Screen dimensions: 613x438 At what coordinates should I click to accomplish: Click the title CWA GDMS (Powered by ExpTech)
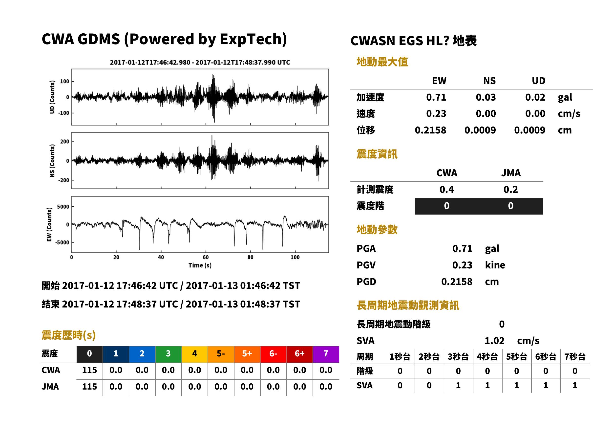point(164,39)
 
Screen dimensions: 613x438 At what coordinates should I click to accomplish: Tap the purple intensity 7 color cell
point(326,354)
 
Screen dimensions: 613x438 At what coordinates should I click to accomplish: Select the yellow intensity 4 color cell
point(195,354)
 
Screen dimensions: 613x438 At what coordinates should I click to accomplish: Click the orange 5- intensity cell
point(221,354)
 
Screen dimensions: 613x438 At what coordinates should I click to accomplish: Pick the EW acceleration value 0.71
point(436,97)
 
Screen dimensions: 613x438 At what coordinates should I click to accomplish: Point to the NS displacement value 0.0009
point(480,130)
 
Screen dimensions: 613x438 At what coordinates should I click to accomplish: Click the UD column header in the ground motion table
point(539,81)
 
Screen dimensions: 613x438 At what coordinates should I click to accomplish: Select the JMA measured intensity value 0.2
point(510,190)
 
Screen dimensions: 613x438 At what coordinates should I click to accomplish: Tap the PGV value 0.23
point(462,265)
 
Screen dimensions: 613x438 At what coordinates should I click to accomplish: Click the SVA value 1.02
point(494,341)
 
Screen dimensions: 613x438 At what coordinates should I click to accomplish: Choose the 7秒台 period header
point(575,357)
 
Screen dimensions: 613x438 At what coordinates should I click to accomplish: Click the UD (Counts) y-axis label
point(52,97)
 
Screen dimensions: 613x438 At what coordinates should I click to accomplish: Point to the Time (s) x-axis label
point(200,265)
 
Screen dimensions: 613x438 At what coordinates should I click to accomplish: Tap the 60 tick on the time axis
point(205,257)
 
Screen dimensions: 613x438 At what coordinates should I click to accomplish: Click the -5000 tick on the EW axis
point(62,242)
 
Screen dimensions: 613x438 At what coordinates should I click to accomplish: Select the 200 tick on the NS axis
point(65,142)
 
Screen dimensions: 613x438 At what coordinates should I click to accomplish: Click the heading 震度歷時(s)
point(69,335)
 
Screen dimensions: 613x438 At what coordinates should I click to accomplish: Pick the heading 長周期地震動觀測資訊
point(408,305)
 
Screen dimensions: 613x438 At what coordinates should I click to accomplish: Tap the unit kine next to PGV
point(495,265)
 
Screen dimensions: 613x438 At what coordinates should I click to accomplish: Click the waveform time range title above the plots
point(200,63)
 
